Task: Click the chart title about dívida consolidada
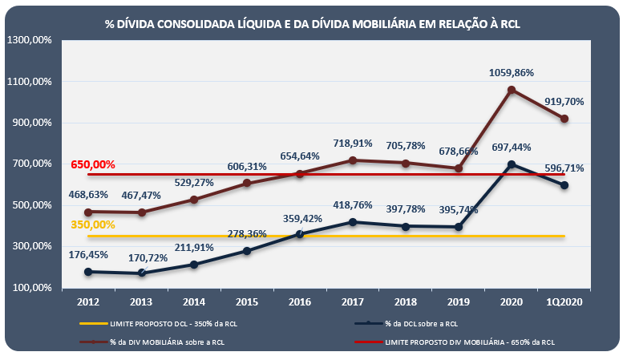(x=313, y=24)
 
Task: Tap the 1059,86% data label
(x=511, y=72)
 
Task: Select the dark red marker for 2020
(x=512, y=90)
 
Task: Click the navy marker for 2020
(x=512, y=164)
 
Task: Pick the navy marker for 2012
(x=87, y=272)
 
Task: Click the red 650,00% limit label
(x=93, y=164)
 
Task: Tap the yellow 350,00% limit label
(x=93, y=224)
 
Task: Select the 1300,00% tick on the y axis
(x=29, y=40)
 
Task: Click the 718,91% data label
(x=353, y=144)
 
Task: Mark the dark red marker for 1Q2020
(x=564, y=119)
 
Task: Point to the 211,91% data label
(x=193, y=247)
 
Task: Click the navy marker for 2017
(x=352, y=222)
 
